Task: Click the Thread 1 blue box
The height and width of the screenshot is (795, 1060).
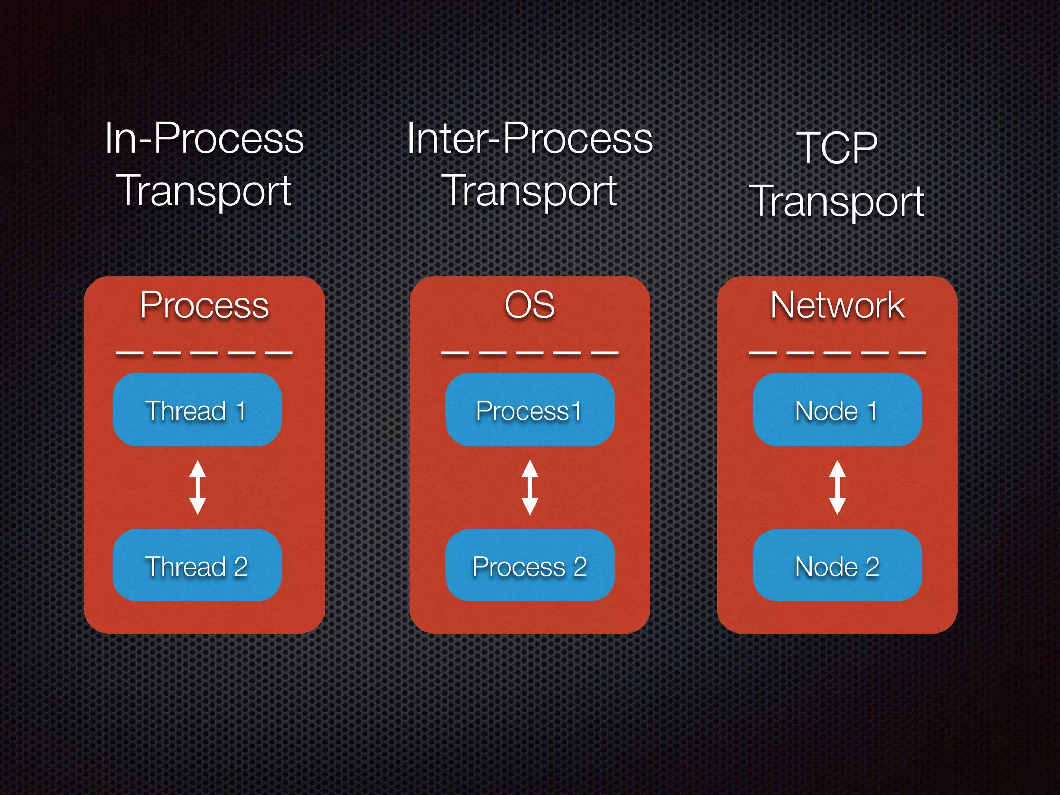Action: (x=197, y=409)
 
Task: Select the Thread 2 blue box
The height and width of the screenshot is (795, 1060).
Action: (x=197, y=565)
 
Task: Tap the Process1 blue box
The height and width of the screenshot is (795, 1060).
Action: (x=529, y=409)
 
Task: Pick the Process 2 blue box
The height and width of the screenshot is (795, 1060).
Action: (x=529, y=565)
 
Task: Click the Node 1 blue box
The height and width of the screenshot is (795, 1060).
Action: (x=837, y=409)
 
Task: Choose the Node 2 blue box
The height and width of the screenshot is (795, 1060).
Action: (x=837, y=565)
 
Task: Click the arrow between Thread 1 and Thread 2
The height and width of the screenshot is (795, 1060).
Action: (x=198, y=487)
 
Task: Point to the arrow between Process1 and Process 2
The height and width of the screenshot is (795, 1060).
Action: (x=529, y=487)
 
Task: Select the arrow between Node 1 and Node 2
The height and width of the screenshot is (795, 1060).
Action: (x=837, y=487)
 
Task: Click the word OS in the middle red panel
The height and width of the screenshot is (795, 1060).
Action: (x=529, y=305)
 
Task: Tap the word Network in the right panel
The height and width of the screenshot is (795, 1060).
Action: (x=837, y=305)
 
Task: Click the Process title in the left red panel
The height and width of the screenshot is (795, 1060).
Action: (x=204, y=305)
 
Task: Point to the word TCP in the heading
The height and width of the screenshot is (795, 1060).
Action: (x=837, y=148)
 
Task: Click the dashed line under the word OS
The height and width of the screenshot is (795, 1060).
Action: (x=529, y=353)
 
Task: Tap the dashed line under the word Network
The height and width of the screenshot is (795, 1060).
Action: (x=837, y=353)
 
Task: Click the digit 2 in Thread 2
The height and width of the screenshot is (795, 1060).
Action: (x=241, y=566)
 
